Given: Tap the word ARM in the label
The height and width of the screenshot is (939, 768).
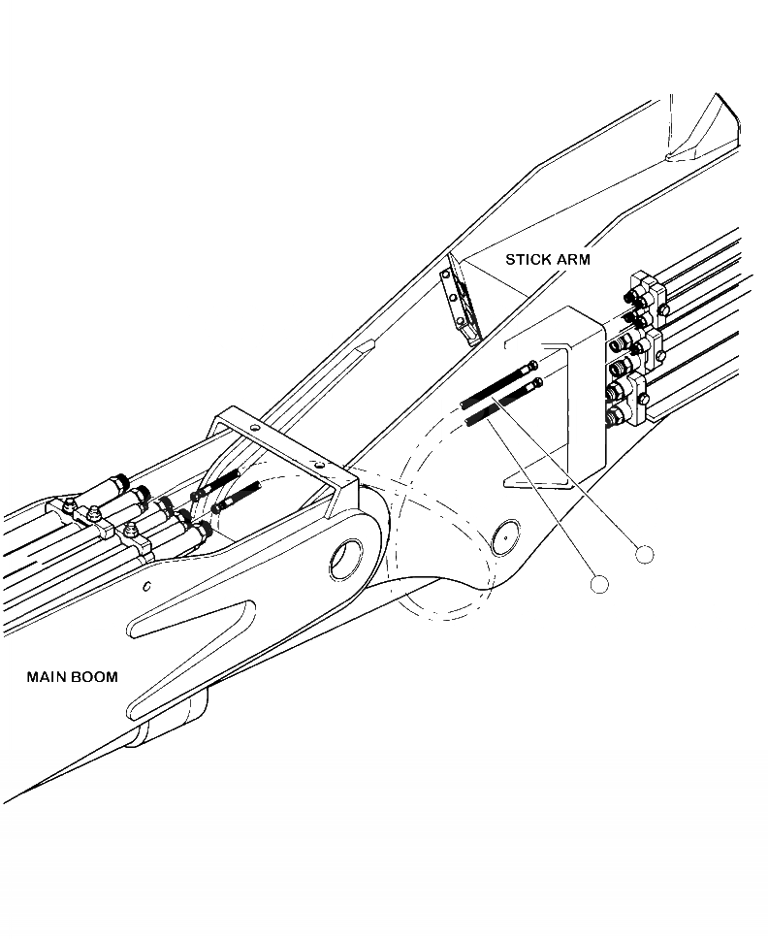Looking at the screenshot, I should click(571, 260).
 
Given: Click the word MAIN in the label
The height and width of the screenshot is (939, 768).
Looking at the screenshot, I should click(46, 676).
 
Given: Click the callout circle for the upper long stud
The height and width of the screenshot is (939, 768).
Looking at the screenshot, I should click(644, 554).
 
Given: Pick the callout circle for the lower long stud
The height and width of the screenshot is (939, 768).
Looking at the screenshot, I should click(599, 584).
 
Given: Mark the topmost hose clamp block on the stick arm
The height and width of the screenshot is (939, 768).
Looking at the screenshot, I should click(644, 290).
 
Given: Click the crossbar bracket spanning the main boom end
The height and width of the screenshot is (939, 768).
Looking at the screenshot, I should click(281, 446).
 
